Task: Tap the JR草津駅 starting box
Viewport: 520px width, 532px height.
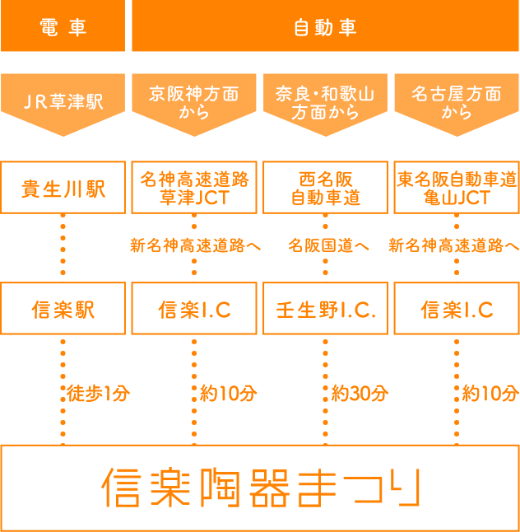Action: click(x=63, y=102)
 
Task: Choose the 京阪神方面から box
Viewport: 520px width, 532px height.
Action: click(x=194, y=102)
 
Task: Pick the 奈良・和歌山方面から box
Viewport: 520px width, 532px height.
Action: click(x=325, y=102)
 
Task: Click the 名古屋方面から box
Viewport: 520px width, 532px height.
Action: click(x=457, y=102)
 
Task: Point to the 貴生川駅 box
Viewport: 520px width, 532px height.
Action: click(x=63, y=188)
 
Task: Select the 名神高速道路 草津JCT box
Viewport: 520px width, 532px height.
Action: click(x=194, y=188)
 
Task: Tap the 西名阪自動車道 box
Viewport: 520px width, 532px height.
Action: click(x=325, y=188)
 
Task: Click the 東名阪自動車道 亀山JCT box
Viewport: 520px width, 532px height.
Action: click(x=457, y=188)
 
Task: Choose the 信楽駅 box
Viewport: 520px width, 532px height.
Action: click(x=63, y=309)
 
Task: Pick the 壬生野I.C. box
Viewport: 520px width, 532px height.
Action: click(x=325, y=309)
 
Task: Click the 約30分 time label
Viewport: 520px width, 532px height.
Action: click(x=360, y=393)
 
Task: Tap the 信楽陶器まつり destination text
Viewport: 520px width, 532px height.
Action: click(x=260, y=488)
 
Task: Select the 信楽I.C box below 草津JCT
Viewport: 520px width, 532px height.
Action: click(x=194, y=309)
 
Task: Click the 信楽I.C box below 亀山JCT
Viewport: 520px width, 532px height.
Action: click(x=457, y=309)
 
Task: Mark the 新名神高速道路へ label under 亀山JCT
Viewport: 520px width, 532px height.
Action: click(x=454, y=245)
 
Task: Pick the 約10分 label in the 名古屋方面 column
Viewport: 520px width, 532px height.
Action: click(x=490, y=393)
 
